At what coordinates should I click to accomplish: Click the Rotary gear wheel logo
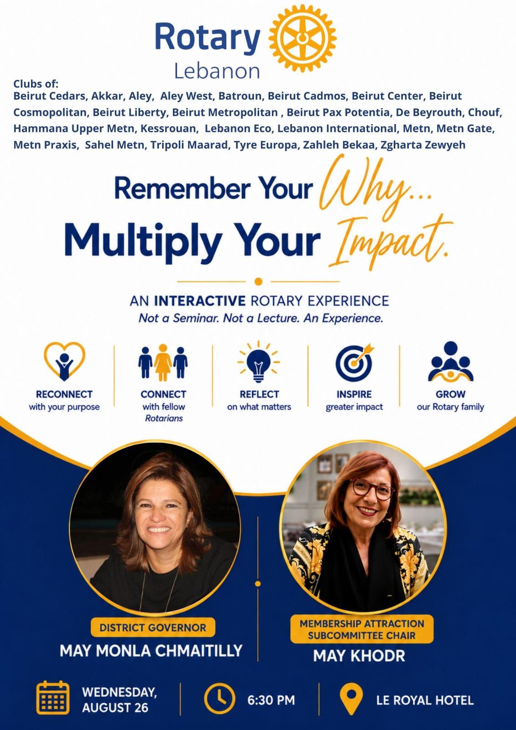point(302,38)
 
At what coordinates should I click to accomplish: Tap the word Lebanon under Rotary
point(217,71)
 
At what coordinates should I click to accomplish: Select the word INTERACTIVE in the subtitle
point(200,301)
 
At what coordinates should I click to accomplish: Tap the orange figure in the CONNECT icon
point(163,362)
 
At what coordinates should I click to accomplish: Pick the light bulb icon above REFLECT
point(259,362)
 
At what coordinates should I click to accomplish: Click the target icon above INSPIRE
point(354,363)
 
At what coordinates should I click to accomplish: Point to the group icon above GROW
point(450,362)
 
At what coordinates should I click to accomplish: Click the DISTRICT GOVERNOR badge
point(153,627)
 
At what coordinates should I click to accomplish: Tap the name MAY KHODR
point(359,655)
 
